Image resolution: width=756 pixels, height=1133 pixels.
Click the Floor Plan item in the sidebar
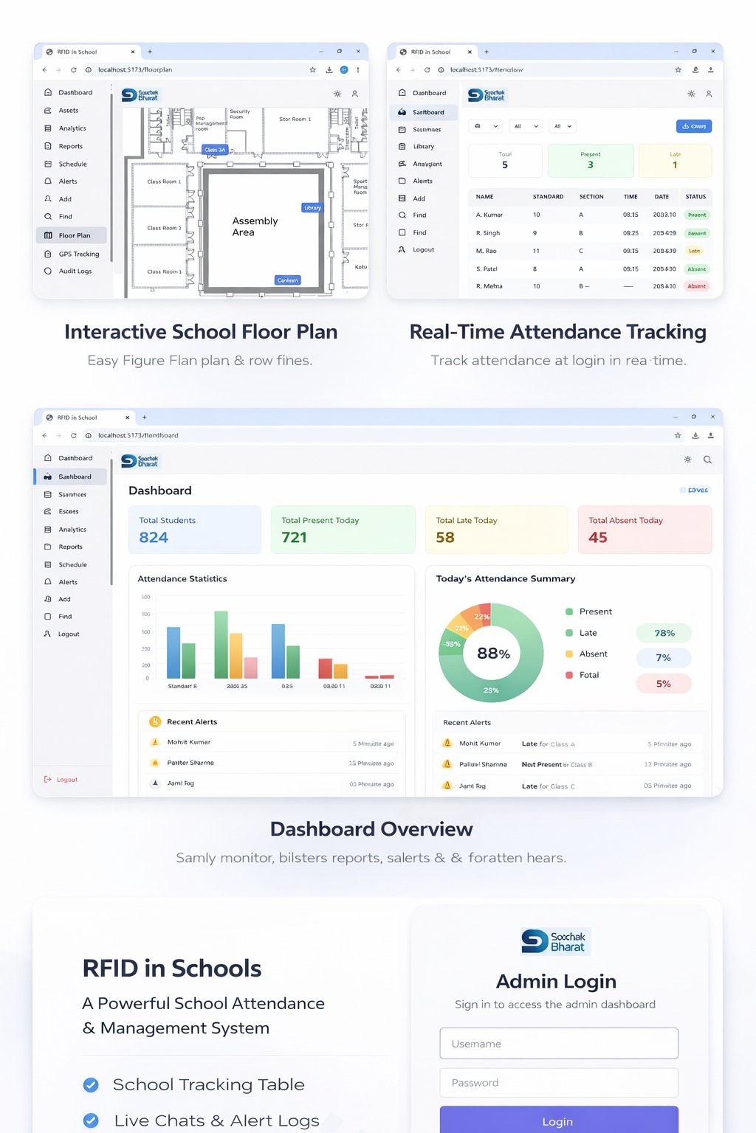[74, 235]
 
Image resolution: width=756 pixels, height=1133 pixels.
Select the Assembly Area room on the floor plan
[255, 226]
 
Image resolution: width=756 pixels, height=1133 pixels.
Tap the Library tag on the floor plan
[312, 208]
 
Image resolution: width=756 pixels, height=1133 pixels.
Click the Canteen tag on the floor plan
[287, 280]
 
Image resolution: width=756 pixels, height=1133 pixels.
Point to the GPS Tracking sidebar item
[78, 254]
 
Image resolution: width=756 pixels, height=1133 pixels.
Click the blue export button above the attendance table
[693, 126]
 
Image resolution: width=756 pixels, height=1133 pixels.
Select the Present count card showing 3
[590, 161]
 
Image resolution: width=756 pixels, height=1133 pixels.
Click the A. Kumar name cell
[489, 215]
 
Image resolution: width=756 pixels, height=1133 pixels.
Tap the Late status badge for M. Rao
[695, 251]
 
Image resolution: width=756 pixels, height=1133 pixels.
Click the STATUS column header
[695, 197]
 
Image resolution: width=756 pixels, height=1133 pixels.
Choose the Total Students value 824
[154, 538]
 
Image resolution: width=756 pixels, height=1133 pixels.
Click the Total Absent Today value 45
[598, 538]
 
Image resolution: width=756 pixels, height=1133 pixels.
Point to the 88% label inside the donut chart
[493, 654]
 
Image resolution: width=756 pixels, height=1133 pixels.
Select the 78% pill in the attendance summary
[664, 633]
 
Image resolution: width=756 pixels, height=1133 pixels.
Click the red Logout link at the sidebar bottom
[66, 780]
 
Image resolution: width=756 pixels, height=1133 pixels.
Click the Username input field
[559, 1044]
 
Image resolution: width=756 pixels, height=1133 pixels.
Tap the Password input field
[559, 1083]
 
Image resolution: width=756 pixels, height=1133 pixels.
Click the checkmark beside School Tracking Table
[91, 1084]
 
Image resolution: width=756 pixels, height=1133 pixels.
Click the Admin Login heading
[556, 982]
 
